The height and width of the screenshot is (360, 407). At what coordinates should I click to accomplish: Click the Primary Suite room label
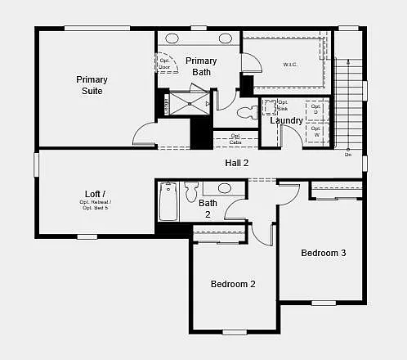(92, 85)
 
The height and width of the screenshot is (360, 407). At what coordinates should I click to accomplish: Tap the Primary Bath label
(201, 66)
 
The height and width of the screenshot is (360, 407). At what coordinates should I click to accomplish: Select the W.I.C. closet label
(289, 64)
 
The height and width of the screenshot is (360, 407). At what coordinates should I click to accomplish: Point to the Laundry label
(287, 120)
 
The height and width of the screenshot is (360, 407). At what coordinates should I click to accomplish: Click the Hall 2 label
(237, 163)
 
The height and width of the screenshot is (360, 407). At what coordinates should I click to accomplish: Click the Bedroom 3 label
(323, 253)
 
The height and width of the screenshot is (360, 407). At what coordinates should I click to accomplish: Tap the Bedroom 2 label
(233, 284)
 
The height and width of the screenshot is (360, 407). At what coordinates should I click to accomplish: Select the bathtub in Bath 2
(168, 201)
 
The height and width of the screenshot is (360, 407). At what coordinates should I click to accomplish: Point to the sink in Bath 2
(224, 188)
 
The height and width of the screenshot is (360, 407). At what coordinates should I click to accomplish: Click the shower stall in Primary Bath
(188, 104)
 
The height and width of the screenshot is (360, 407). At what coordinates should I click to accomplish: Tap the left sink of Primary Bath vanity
(173, 38)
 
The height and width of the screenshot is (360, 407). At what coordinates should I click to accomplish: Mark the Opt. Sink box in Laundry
(271, 107)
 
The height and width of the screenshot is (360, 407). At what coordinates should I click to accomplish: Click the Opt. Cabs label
(235, 139)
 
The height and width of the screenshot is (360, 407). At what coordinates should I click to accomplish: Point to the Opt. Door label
(165, 63)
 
